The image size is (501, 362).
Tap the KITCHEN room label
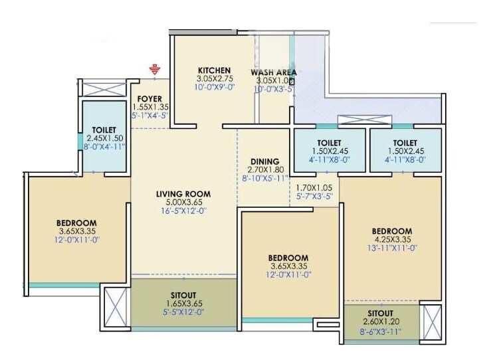click(x=214, y=70)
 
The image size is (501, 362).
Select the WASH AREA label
click(x=273, y=72)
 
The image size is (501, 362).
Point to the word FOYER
click(x=151, y=99)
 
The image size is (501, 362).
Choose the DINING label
click(x=265, y=161)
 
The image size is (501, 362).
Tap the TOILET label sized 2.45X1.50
click(x=104, y=130)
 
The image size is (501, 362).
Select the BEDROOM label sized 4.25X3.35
click(x=391, y=232)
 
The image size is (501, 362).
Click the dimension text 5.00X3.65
click(x=182, y=203)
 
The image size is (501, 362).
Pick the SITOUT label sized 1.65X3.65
click(x=183, y=295)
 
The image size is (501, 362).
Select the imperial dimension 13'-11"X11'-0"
click(x=391, y=248)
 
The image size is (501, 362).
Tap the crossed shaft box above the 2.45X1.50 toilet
click(x=104, y=89)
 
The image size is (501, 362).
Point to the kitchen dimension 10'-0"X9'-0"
click(x=214, y=87)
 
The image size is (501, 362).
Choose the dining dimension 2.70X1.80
click(x=265, y=170)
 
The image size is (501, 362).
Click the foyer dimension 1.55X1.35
click(x=151, y=107)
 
